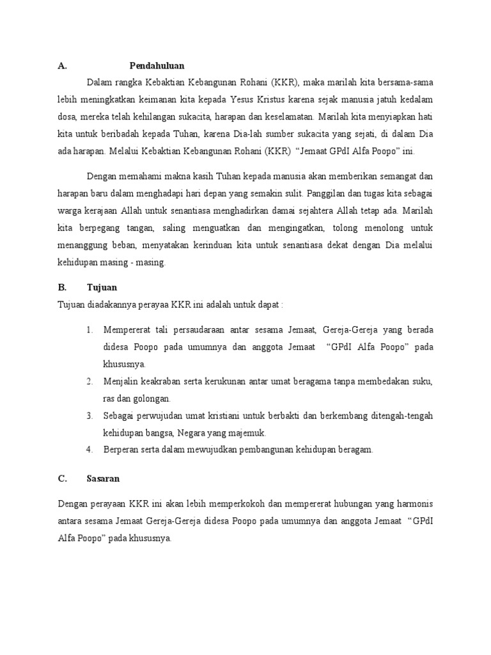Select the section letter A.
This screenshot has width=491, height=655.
click(61, 65)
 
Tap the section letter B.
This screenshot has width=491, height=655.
click(61, 288)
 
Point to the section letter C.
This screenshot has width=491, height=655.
click(61, 478)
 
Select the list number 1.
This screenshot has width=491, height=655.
click(90, 329)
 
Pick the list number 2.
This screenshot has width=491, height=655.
click(90, 381)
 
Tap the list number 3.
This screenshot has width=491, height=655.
click(90, 416)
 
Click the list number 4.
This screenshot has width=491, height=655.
click(90, 450)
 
